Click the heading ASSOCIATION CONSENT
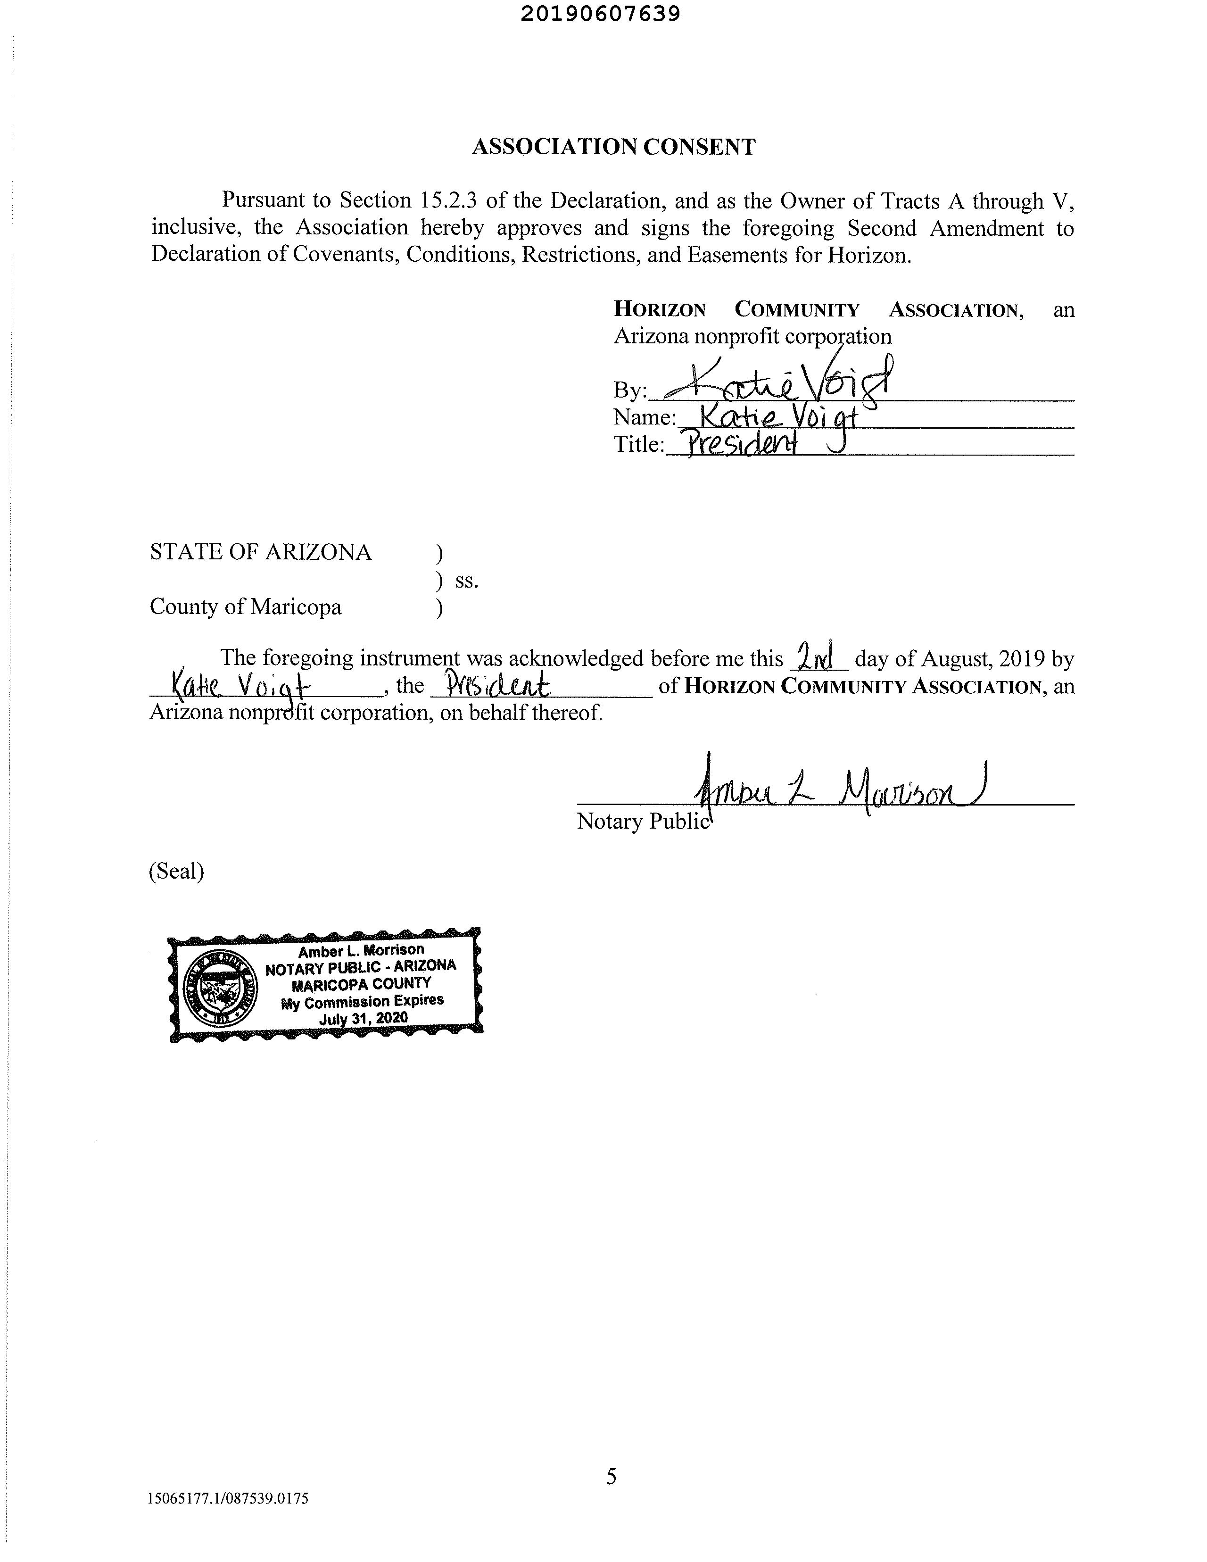point(613,147)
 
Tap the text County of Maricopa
point(245,607)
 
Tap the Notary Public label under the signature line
point(642,821)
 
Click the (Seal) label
point(176,871)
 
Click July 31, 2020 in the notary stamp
point(363,1018)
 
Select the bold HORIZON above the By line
point(659,310)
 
